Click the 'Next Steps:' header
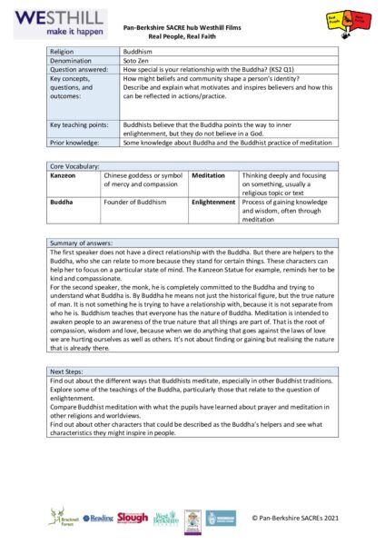(x=68, y=398)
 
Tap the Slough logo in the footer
(x=133, y=517)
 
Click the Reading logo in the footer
(x=98, y=518)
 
